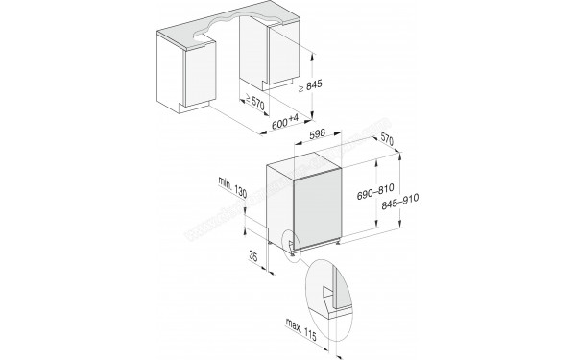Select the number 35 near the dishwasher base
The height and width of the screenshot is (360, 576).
click(x=251, y=258)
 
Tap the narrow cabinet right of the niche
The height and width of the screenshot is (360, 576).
click(x=288, y=58)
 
